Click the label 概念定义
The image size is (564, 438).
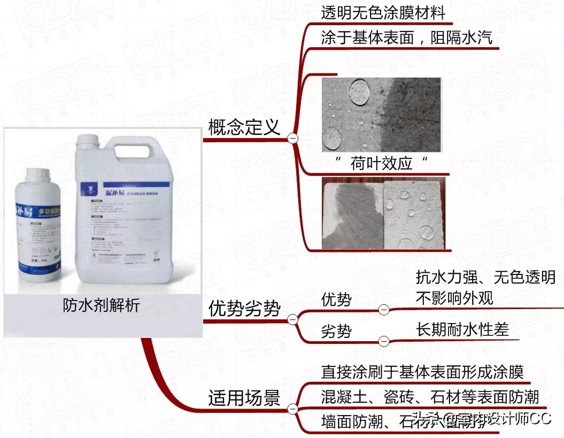(x=244, y=127)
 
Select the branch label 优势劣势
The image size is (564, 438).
(x=244, y=309)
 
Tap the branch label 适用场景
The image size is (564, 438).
(x=244, y=397)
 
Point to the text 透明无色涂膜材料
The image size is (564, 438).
(x=383, y=13)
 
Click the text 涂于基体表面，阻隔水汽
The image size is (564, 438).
(x=406, y=39)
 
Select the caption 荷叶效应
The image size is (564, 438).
(x=382, y=163)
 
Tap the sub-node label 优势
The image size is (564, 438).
(x=336, y=299)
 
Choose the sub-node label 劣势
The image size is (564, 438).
(x=336, y=331)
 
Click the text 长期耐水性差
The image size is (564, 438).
(x=462, y=329)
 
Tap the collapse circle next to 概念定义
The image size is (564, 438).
(x=292, y=138)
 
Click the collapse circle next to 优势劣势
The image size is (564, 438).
(x=292, y=320)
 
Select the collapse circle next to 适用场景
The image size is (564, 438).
(x=292, y=409)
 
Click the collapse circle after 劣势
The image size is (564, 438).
(x=383, y=341)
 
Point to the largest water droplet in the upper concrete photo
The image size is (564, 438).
(x=358, y=92)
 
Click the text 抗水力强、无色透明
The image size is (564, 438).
(x=485, y=278)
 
